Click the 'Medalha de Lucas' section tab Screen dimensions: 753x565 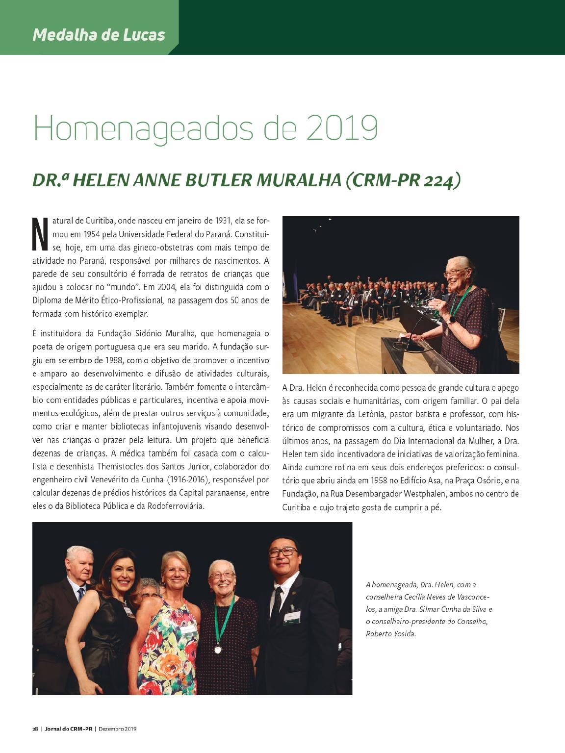(x=99, y=35)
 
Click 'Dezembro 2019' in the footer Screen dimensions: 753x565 (x=118, y=742)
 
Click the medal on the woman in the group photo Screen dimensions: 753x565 (x=217, y=650)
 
